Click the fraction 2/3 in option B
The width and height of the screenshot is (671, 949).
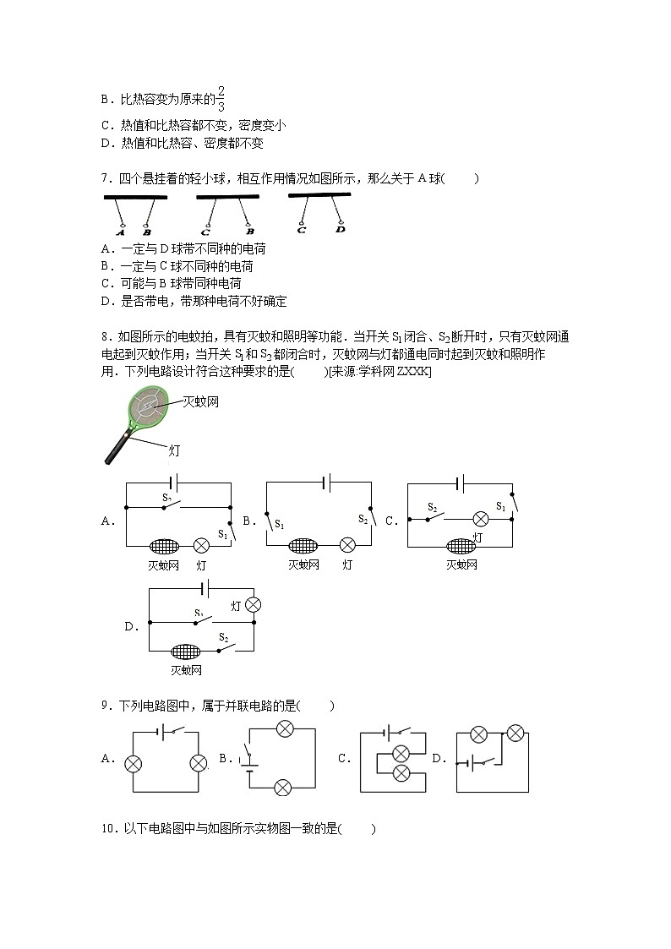221,98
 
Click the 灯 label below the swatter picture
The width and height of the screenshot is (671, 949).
175,450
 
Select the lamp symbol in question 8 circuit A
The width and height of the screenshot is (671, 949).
201,545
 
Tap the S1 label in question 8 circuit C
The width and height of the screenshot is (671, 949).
500,506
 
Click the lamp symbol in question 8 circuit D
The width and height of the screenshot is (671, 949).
251,605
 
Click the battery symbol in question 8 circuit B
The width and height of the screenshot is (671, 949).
327,483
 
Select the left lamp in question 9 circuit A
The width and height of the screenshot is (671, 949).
133,763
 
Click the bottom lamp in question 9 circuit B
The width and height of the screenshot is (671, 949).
283,787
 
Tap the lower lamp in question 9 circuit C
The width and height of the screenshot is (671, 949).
402,773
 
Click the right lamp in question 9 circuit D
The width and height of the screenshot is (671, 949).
516,732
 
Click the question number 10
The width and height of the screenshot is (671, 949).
107,830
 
